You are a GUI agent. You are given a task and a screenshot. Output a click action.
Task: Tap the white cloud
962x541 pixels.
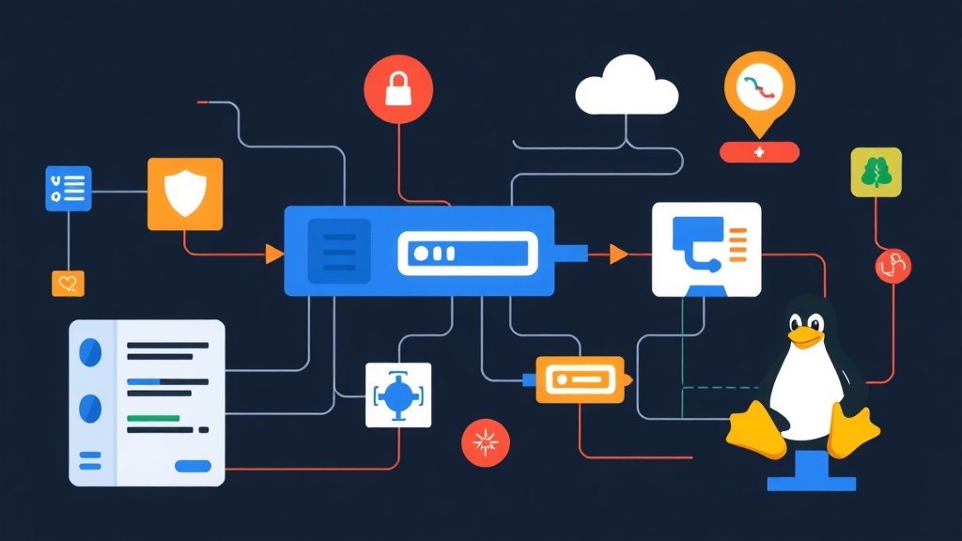point(627,86)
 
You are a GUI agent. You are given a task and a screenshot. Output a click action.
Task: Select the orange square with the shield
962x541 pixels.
point(185,193)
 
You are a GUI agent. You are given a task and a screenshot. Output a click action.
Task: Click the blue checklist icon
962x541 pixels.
point(69,188)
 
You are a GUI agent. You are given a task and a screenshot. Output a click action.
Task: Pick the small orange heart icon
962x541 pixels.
point(68,283)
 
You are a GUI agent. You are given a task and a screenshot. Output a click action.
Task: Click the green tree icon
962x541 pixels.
point(876,172)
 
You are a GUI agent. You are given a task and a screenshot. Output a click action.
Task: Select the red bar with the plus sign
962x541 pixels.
point(759,151)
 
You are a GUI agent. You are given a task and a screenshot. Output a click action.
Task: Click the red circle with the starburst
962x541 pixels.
point(486,442)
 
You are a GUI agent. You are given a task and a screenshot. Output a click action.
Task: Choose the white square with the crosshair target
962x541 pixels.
point(397,394)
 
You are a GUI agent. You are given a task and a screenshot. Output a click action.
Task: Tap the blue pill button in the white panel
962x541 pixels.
point(193,465)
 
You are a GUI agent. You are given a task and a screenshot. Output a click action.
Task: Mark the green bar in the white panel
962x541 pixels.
point(153,417)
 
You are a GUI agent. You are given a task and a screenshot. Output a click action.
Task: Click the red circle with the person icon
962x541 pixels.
point(893,266)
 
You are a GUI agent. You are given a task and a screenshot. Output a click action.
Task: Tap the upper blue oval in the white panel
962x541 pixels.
point(91,351)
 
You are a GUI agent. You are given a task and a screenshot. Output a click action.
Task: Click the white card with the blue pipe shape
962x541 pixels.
point(706,250)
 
